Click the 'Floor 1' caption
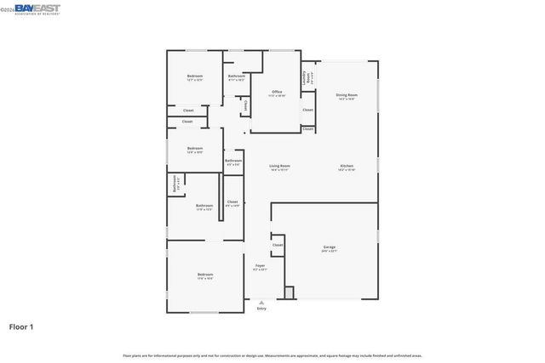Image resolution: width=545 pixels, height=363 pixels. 21,326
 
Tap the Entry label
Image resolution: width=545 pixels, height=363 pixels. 261,309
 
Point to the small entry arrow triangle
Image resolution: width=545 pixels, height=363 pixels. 261,302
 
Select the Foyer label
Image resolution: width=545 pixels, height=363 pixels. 261,267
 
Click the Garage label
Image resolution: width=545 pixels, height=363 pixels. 329,248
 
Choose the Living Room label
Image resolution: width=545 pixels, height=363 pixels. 279,167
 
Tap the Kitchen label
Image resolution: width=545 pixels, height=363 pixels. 347,167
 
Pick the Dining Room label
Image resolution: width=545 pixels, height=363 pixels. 346,96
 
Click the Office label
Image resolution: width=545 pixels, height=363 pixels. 277,93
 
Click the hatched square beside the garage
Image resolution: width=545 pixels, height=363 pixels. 289,292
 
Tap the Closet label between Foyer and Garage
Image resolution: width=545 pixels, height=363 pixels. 278,245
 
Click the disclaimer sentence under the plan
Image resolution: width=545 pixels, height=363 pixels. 272,355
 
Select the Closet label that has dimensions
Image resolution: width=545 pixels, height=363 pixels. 232,203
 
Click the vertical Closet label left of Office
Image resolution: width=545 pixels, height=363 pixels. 246,105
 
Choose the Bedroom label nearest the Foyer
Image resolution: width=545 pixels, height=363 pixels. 205,275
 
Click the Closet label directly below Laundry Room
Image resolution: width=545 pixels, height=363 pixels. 307,110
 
